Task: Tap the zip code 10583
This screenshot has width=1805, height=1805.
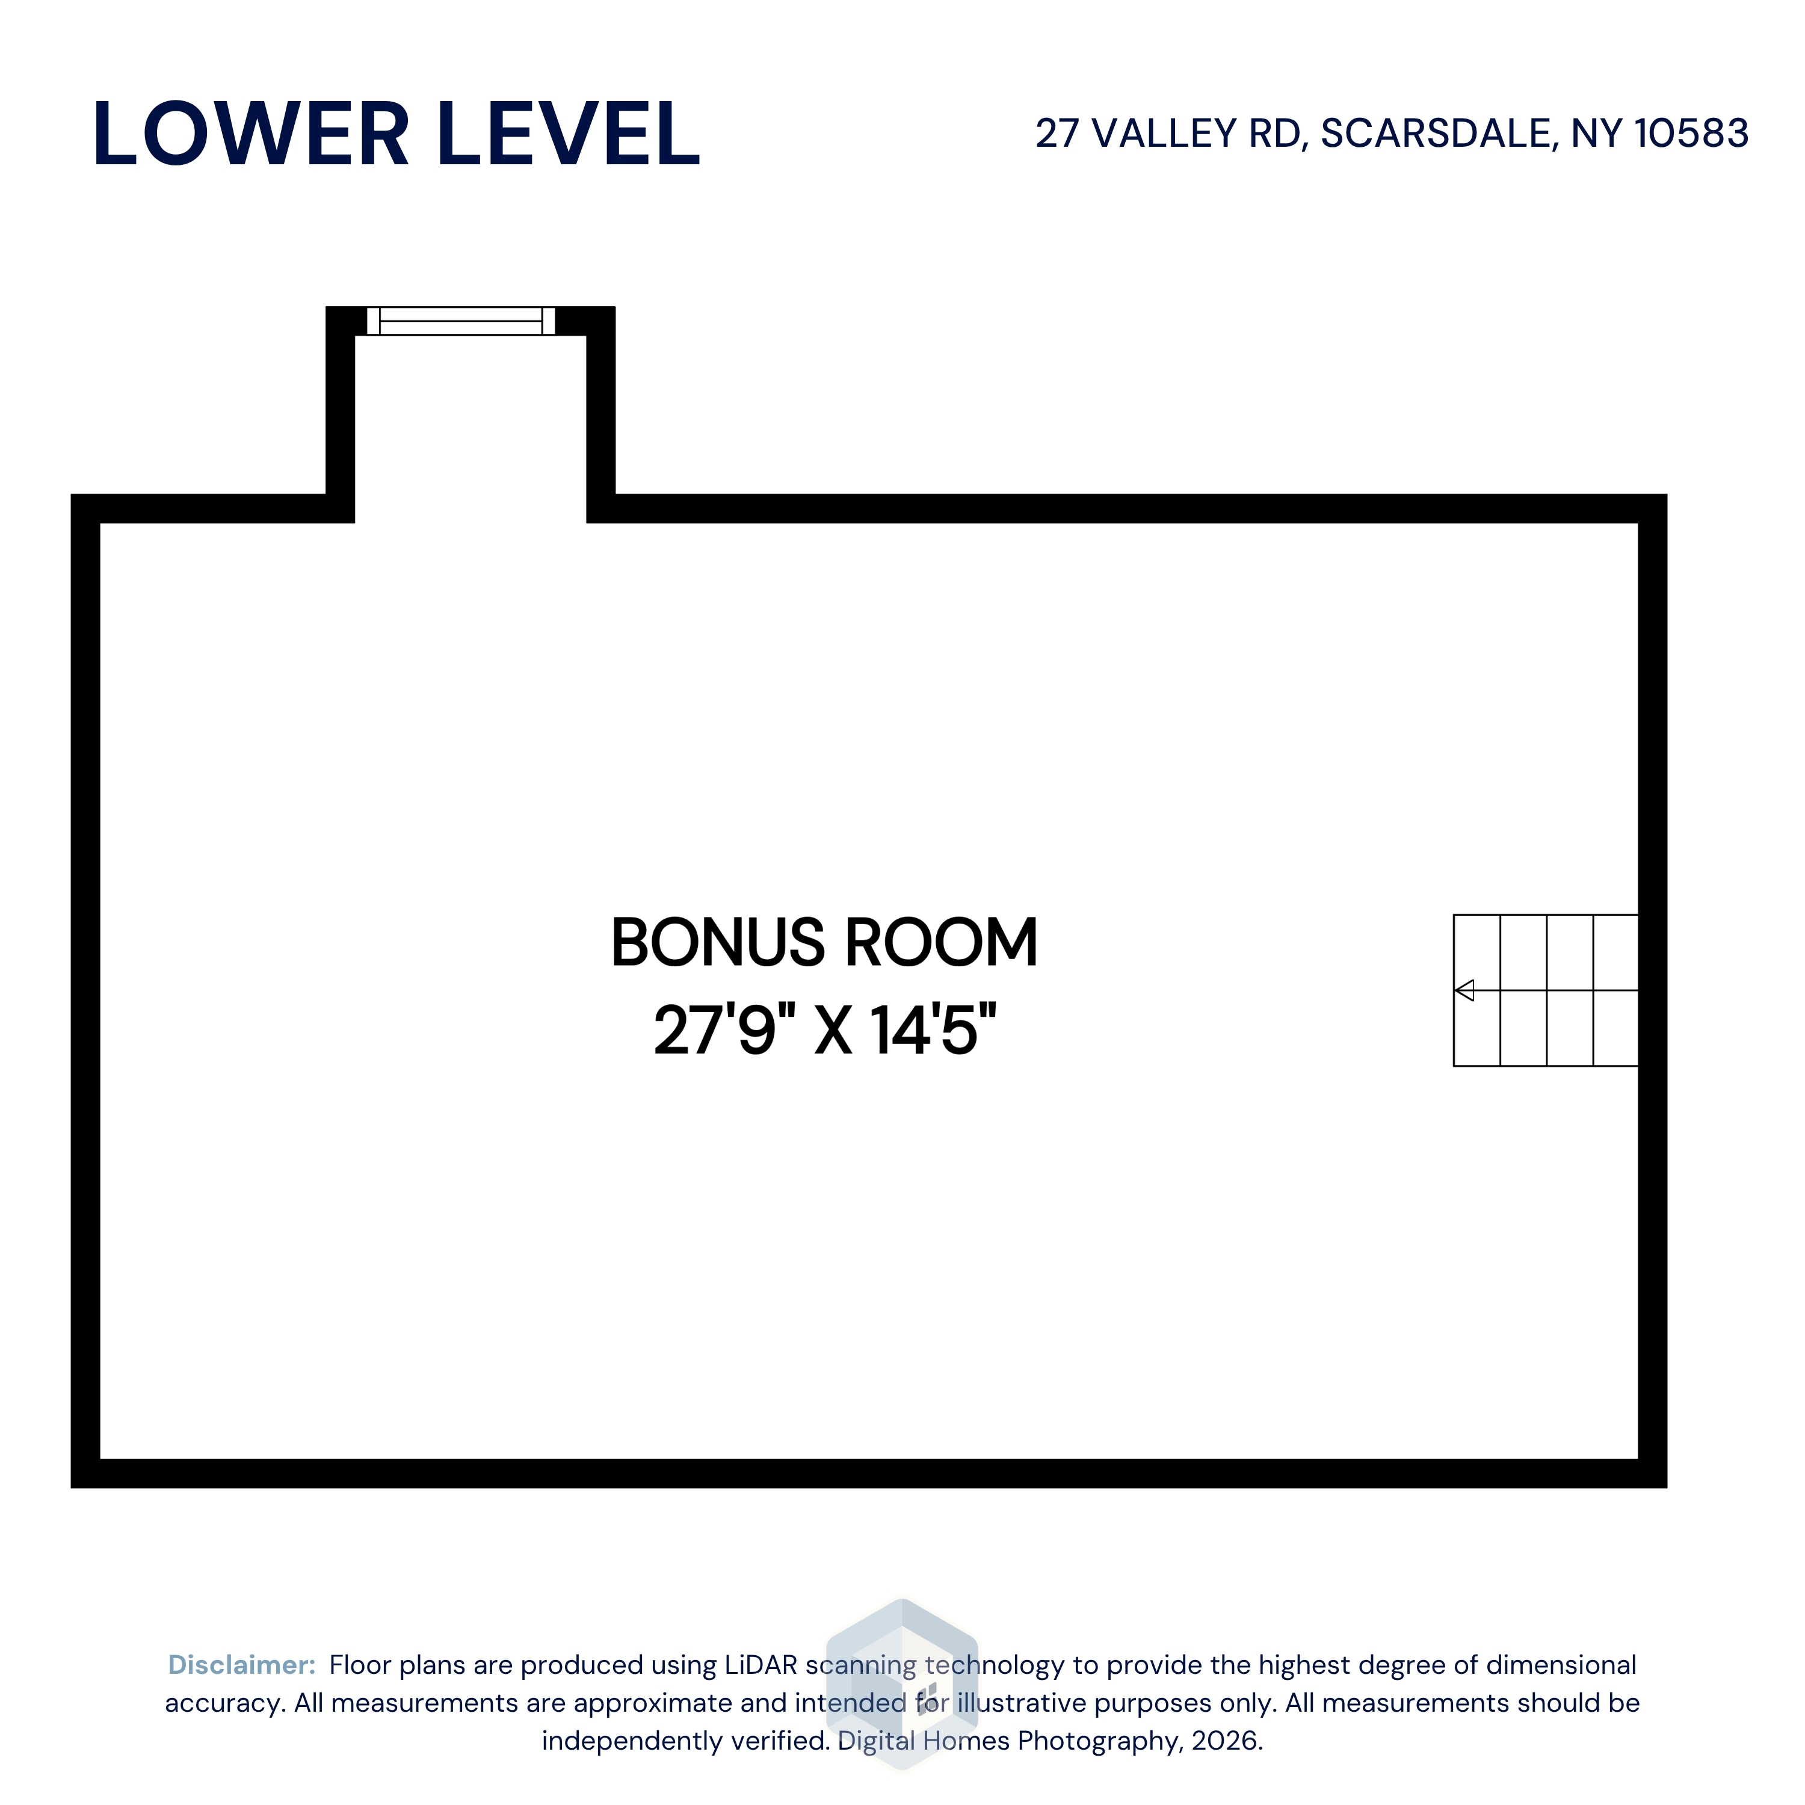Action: (x=1691, y=134)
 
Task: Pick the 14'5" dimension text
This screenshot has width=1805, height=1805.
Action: (x=933, y=1031)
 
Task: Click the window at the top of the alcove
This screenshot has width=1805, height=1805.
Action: (x=461, y=321)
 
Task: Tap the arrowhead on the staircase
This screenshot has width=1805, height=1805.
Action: (x=1464, y=990)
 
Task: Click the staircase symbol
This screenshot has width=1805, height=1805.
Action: (x=1545, y=990)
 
